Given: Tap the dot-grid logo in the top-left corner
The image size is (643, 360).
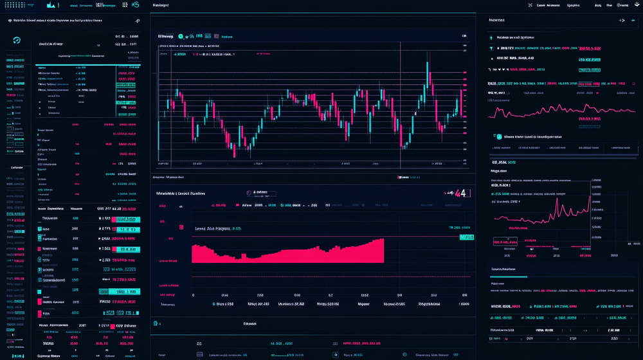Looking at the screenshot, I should pyautogui.click(x=14, y=5).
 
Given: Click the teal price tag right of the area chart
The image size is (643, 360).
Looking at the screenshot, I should pyautogui.click(x=466, y=237).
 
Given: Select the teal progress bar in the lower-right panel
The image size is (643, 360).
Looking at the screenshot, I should pyautogui.click(x=509, y=277).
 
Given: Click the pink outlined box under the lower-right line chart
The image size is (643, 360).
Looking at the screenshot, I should pyautogui.click(x=505, y=242).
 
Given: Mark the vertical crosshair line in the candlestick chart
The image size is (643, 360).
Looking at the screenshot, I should pyautogui.click(x=400, y=103).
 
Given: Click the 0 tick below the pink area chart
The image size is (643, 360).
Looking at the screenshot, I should pyautogui.click(x=194, y=295).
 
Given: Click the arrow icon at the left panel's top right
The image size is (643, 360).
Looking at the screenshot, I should pyautogui.click(x=137, y=21).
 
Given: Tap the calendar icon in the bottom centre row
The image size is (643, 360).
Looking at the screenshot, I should pyautogui.click(x=335, y=354).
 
